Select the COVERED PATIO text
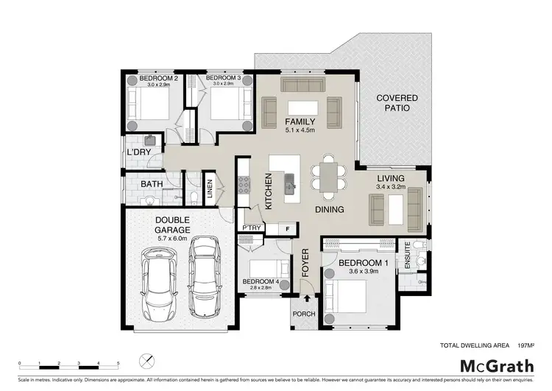397,103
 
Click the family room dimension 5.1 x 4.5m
300,130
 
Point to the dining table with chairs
326,177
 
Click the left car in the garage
158,281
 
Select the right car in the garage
205,274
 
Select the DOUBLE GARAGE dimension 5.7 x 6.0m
173,238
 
